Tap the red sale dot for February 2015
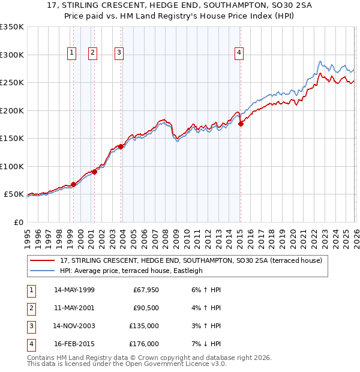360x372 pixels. [x=241, y=124]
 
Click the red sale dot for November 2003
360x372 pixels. [x=121, y=146]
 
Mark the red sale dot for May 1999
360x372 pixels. [x=73, y=184]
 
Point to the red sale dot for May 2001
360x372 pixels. [x=94, y=172]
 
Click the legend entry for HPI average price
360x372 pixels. [x=131, y=271]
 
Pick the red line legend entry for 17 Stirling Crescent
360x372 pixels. [x=191, y=260]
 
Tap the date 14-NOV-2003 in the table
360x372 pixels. [x=74, y=326]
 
